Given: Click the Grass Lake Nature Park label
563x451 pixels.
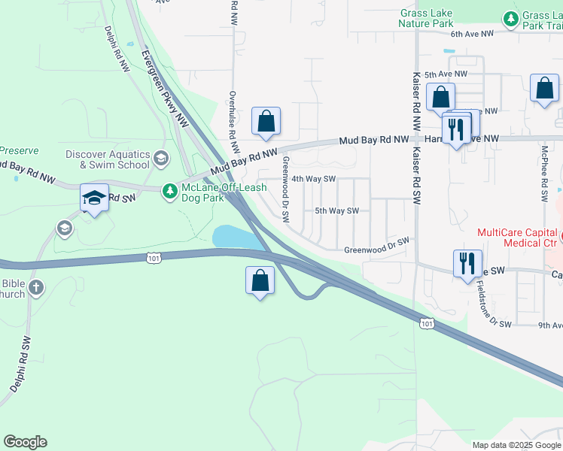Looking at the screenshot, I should (x=426, y=18).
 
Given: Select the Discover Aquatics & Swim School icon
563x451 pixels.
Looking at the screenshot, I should (x=160, y=158).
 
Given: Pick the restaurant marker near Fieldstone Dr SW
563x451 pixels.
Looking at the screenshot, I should (x=467, y=263).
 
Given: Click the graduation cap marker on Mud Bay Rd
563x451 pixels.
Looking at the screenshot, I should (x=94, y=198).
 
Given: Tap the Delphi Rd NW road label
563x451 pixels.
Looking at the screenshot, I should (x=119, y=50).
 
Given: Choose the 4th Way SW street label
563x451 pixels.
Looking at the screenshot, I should (x=313, y=179).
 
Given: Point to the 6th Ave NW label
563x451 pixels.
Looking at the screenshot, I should (x=472, y=34).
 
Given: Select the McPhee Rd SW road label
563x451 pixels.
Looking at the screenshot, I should (x=543, y=174).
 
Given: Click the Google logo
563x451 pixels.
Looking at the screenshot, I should (x=25, y=442).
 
